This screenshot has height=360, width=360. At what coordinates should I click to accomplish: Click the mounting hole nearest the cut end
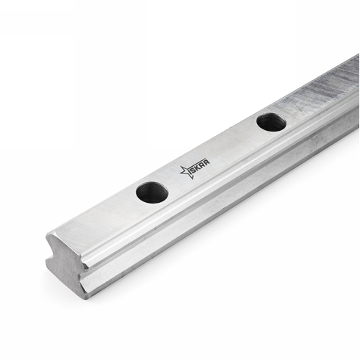(x=152, y=193)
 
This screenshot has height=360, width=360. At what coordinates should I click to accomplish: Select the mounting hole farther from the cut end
(x=271, y=122)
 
